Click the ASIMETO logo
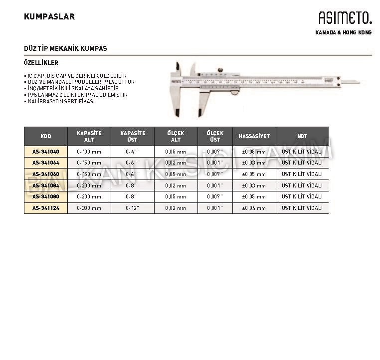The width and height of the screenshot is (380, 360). (345, 18)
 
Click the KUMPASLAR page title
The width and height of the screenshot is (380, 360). (49, 16)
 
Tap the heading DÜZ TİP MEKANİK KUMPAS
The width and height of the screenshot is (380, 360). (65, 48)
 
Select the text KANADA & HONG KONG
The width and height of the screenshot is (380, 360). (344, 33)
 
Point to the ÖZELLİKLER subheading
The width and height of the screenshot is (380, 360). (41, 63)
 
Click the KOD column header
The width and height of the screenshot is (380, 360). (45, 136)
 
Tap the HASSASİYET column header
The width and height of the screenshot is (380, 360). (254, 136)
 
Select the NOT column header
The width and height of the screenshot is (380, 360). (302, 136)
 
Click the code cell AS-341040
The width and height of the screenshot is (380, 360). (45, 152)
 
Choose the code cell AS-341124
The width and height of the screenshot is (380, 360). (45, 208)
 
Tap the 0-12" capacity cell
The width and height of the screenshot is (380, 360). (132, 208)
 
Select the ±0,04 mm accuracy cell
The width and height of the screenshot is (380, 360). (254, 208)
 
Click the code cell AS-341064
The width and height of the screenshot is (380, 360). (45, 163)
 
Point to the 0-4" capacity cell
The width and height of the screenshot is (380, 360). (132, 152)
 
